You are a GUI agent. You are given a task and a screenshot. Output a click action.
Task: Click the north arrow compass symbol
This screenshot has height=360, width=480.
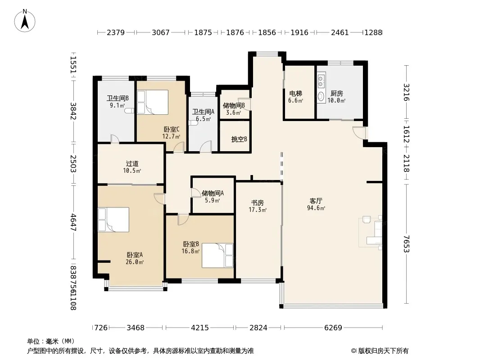[25, 21]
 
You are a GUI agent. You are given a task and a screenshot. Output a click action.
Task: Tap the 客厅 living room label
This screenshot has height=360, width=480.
[316, 201]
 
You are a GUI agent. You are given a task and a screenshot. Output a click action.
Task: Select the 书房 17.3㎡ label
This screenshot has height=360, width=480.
[258, 206]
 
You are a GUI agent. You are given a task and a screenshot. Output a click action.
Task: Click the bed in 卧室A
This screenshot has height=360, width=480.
[113, 220]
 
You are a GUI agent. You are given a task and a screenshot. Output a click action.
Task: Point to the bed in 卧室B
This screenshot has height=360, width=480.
[217, 256]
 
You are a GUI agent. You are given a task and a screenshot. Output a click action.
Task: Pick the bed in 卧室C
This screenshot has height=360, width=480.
[153, 102]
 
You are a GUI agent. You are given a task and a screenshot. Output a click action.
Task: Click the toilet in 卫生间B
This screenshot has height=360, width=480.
[130, 111]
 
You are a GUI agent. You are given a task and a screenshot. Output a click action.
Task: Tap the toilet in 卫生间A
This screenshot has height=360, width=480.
[193, 123]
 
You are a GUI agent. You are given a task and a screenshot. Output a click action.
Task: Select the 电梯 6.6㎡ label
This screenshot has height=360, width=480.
[296, 96]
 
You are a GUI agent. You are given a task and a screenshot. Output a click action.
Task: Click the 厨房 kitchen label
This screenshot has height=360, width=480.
[337, 93]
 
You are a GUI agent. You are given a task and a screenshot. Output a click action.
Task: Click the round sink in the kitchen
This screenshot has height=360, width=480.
[321, 97]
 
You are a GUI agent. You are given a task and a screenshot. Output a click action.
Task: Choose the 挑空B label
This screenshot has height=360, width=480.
[239, 139]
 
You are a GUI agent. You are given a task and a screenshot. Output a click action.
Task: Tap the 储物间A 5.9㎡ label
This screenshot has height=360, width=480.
[213, 197]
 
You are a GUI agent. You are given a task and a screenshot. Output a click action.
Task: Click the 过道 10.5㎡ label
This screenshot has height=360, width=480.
[132, 167]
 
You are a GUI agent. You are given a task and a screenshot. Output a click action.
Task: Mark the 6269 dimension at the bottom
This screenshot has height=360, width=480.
[333, 328]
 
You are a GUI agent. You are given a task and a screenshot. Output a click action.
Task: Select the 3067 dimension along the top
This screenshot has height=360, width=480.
[161, 32]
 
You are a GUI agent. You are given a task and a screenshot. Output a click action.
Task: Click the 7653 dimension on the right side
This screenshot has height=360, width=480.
[407, 244]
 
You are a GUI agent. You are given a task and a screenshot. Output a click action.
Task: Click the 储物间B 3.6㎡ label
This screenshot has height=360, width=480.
[234, 109]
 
